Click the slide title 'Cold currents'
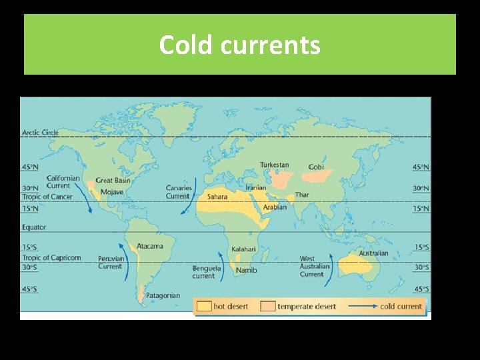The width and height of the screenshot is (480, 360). [x=239, y=45]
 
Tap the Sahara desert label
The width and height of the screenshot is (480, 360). [x=217, y=197]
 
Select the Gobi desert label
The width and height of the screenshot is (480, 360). [x=316, y=167]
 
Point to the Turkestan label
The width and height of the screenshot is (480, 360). [x=274, y=165]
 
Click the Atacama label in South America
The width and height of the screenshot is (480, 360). [x=149, y=246]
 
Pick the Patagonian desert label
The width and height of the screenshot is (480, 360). [x=163, y=295]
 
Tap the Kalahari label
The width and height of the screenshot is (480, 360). [x=243, y=249]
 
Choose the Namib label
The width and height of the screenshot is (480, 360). [x=246, y=271]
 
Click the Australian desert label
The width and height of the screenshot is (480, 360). [x=373, y=253]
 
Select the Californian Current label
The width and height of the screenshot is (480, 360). [x=63, y=181]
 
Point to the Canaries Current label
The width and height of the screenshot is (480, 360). [x=179, y=192]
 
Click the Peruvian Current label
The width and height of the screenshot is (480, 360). [x=111, y=262]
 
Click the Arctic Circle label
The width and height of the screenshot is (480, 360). [x=40, y=132]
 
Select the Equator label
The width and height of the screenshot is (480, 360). [x=34, y=227]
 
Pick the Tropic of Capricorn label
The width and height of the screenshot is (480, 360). [x=51, y=257]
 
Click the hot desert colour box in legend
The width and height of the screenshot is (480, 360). [x=204, y=306]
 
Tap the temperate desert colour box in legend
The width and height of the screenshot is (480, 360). [x=268, y=306]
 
